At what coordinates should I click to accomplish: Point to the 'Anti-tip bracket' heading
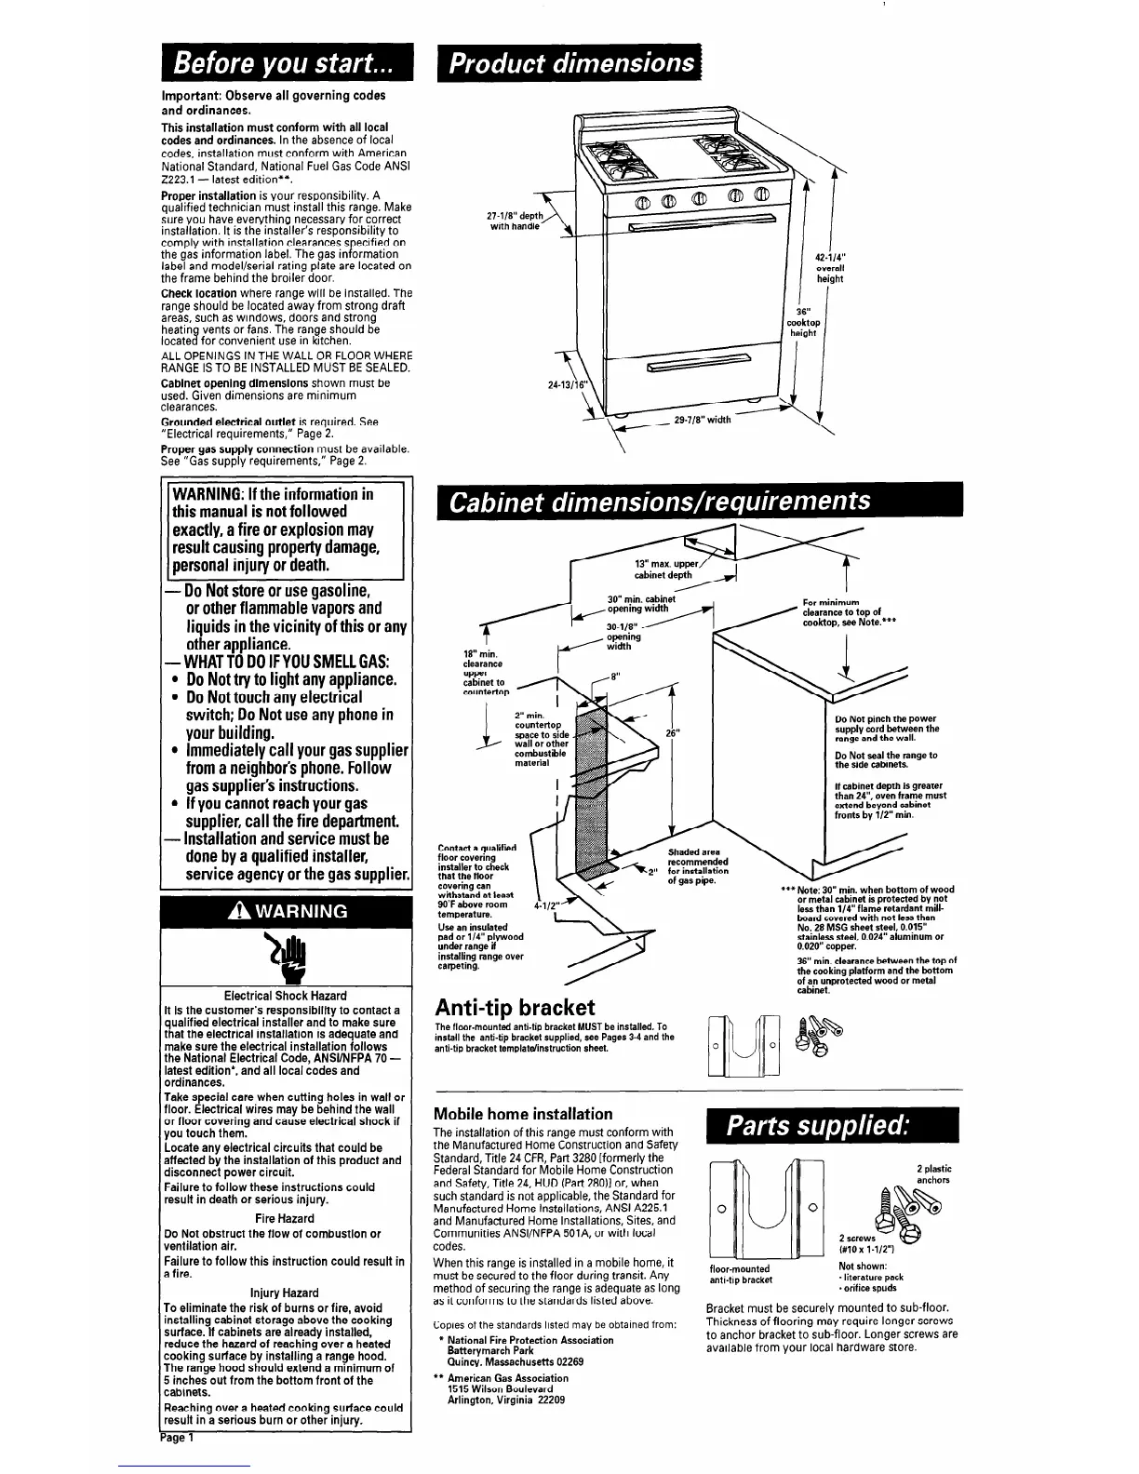point(515,1008)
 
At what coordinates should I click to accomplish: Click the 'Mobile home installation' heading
point(524,1114)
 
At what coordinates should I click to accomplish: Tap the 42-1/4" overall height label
point(829,267)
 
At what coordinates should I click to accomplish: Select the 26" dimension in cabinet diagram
point(673,732)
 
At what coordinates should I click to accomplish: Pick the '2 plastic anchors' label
point(932,1174)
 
